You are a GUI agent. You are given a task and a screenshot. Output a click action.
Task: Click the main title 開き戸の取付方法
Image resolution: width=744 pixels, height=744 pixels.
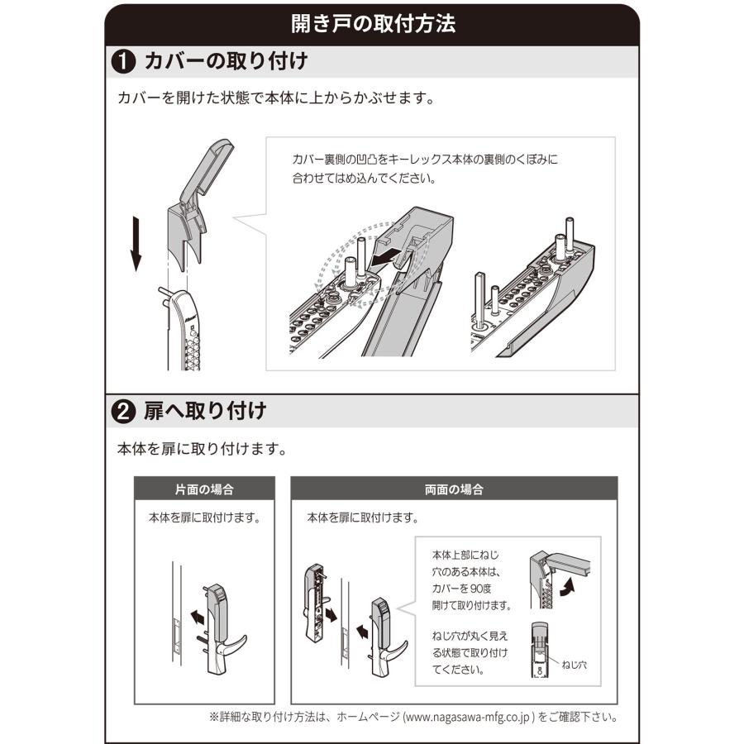click(x=372, y=23)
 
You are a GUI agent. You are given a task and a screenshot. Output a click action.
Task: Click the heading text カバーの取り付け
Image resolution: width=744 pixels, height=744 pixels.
click(x=226, y=61)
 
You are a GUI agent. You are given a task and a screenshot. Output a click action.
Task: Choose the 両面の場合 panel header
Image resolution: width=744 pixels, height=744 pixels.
click(x=454, y=489)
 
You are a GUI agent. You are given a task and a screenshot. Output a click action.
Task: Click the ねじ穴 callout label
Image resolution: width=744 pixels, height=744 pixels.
click(x=574, y=664)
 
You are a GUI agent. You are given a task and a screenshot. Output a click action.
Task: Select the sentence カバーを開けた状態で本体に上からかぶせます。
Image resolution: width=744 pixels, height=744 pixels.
click(x=276, y=98)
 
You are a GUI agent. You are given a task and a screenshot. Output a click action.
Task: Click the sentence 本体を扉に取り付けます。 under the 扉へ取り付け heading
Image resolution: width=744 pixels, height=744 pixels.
click(x=203, y=451)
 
